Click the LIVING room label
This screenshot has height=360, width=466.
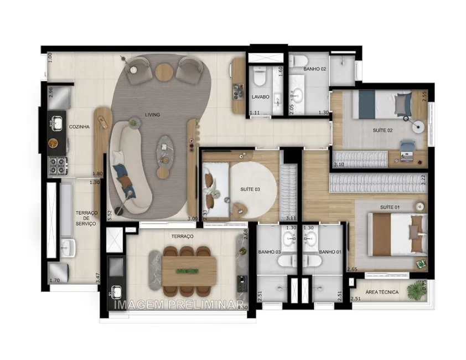[152, 115]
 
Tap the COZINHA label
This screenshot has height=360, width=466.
[79, 127]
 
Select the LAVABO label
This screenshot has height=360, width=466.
[260, 96]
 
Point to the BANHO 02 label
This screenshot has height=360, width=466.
[314, 69]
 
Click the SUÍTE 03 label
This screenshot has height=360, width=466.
[250, 189]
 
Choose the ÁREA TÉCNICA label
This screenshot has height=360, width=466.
[382, 292]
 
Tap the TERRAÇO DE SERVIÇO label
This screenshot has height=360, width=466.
[86, 218]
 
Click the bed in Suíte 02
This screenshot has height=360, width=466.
[382, 104]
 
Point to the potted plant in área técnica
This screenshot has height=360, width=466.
[415, 290]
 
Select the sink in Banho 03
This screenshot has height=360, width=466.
[289, 239]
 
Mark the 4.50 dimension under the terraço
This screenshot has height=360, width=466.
[242, 307]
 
